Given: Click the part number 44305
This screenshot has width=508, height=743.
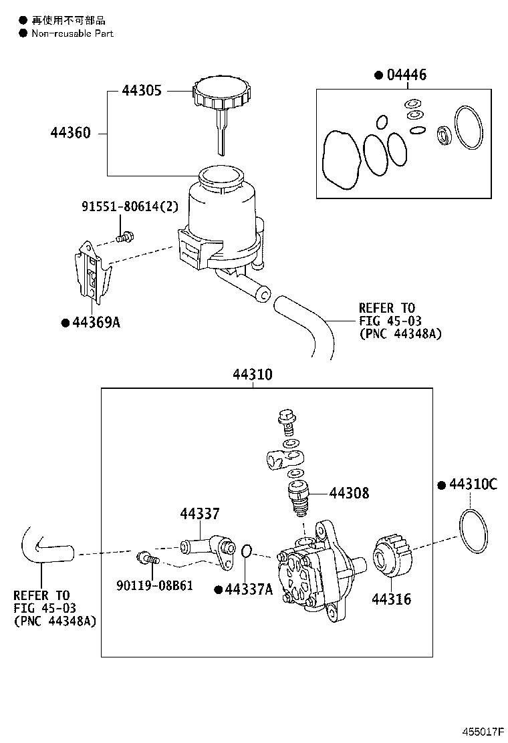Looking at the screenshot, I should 141,91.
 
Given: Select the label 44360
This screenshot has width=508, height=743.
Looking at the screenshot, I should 70,134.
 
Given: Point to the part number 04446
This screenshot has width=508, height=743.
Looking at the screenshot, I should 406,75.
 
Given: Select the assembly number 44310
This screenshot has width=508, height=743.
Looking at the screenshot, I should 252,375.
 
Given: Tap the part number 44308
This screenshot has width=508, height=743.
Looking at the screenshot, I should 348,494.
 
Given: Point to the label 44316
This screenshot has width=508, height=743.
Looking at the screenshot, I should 392,599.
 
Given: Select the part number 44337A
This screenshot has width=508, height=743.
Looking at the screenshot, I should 248,589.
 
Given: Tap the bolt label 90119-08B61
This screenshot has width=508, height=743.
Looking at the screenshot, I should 156,585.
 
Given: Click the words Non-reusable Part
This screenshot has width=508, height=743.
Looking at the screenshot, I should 72,33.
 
